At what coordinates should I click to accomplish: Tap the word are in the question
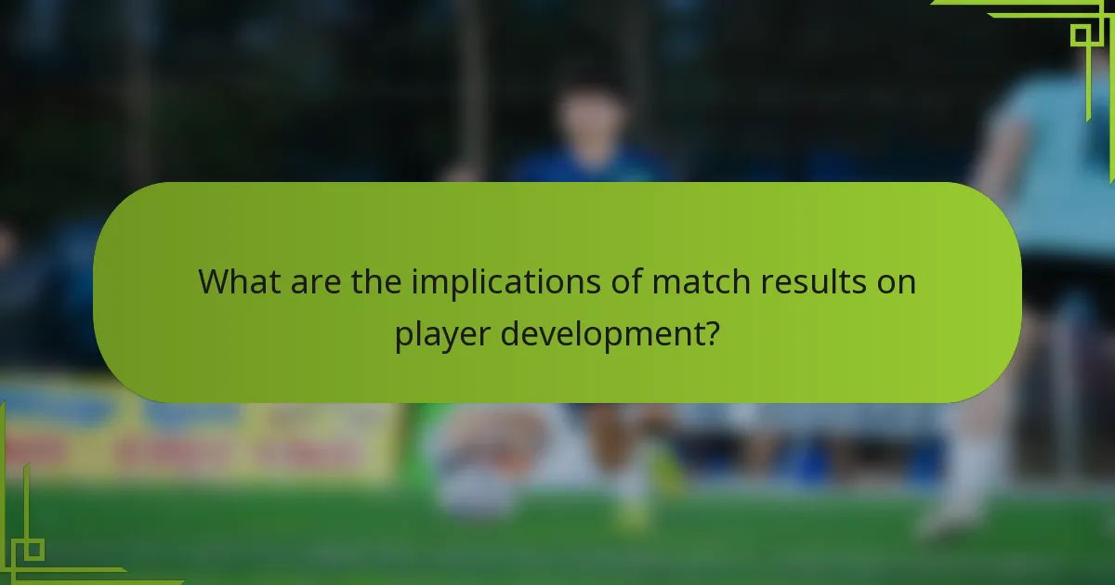click(x=320, y=281)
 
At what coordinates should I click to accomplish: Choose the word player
click(x=442, y=332)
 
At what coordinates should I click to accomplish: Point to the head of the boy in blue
click(x=586, y=116)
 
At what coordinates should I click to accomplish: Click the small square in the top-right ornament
click(x=1080, y=35)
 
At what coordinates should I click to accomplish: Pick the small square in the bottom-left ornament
click(x=33, y=549)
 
